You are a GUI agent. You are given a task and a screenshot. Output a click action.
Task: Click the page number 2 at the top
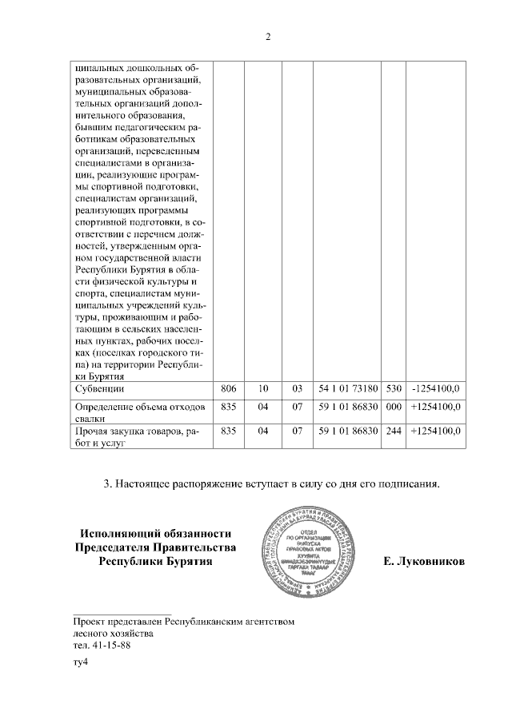click(x=268, y=37)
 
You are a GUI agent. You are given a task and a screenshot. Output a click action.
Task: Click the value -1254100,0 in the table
click(x=435, y=389)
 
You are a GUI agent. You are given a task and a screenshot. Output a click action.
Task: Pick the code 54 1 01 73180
click(x=347, y=389)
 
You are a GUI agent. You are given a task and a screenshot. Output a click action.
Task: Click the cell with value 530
click(x=393, y=389)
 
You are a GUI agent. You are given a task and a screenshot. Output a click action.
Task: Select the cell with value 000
click(x=393, y=408)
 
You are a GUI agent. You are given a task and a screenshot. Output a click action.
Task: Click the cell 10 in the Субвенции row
click(x=262, y=389)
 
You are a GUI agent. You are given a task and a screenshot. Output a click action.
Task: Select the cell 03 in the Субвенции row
click(x=297, y=389)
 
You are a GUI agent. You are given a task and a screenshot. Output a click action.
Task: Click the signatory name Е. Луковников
click(x=423, y=563)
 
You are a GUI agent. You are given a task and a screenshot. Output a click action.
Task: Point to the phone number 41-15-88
click(x=113, y=645)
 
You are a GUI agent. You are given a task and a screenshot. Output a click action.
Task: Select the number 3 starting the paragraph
click(x=108, y=483)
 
